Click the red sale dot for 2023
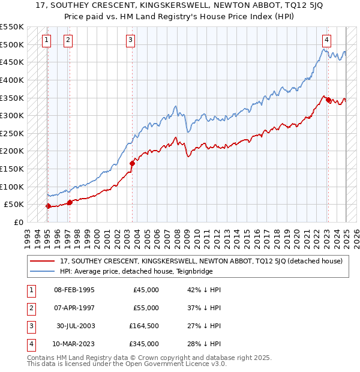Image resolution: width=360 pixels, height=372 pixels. tap(328, 100)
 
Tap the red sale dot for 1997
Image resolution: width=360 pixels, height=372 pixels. tap(70, 202)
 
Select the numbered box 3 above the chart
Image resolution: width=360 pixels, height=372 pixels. tap(130, 40)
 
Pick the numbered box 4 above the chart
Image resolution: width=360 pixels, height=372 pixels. tap(326, 40)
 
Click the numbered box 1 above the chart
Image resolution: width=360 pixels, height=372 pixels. tap(47, 40)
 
